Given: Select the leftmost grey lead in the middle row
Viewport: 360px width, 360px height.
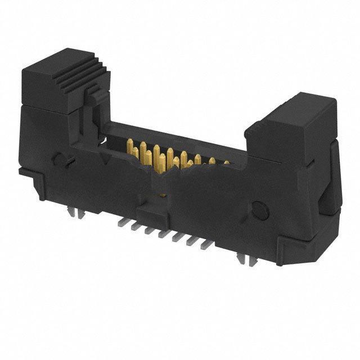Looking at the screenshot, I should [119, 223].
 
